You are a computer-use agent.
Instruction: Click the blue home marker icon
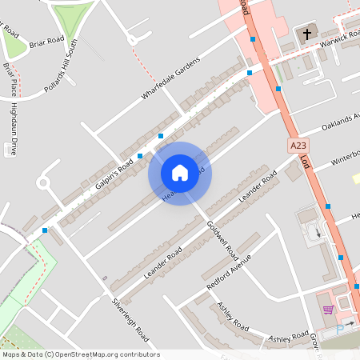[180, 172]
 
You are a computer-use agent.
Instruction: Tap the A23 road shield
[298, 146]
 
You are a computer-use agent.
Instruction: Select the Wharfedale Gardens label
[170, 79]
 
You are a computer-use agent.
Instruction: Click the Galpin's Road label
[114, 174]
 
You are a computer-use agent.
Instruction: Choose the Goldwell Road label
[222, 241]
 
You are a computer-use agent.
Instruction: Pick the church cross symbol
[307, 34]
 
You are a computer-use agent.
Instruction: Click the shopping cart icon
[327, 310]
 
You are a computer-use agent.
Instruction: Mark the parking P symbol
[339, 328]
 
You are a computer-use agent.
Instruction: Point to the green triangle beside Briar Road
[11, 40]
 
